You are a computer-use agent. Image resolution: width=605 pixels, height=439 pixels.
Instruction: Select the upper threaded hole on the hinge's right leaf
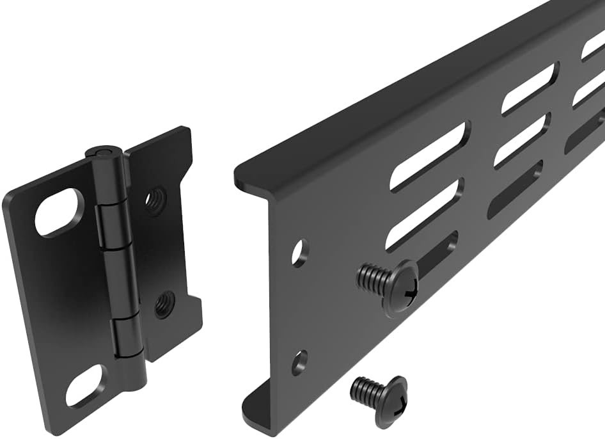(154, 201)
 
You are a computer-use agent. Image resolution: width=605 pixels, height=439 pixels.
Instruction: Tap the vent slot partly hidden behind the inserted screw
(435, 248)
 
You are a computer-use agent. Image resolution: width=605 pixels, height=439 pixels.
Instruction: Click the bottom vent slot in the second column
(515, 189)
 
